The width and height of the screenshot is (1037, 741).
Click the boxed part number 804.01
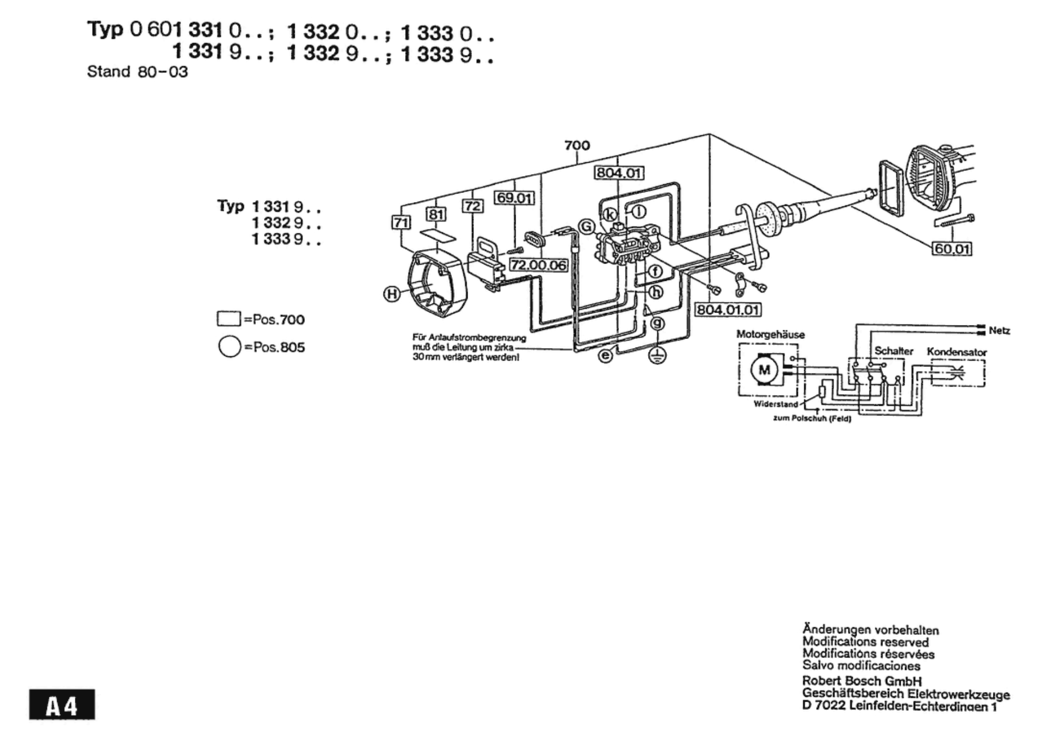618,172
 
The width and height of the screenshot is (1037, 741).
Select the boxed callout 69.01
514,198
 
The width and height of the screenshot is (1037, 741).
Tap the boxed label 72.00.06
538,265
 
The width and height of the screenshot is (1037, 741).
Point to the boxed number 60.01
952,249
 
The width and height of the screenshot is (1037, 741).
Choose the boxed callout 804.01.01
728,310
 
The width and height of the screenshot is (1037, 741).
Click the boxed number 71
401,222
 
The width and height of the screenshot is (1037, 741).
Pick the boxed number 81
436,214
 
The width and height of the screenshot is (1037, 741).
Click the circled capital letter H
392,294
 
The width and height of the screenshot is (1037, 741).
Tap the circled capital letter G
587,226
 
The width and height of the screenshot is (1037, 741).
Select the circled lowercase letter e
606,356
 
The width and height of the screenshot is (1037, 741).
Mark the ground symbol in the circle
657,356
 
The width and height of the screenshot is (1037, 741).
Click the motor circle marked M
764,370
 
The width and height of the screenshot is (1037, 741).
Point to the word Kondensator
957,352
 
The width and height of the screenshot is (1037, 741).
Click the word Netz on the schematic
999,330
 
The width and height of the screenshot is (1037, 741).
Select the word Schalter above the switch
894,351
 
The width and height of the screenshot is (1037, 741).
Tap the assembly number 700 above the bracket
577,145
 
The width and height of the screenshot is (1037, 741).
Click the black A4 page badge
62,704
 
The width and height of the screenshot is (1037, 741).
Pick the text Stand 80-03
137,72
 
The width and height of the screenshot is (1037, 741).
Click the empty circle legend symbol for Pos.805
229,347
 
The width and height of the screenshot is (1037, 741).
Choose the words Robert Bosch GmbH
862,681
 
